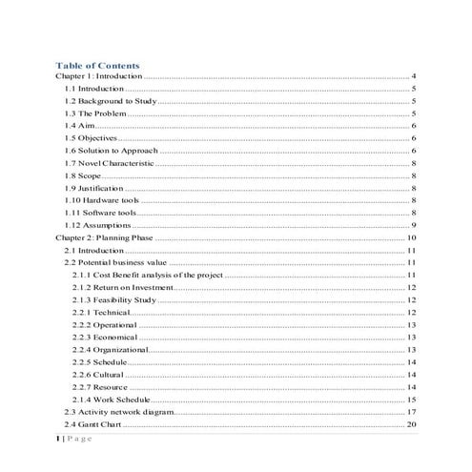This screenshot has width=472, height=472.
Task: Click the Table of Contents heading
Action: tap(97, 65)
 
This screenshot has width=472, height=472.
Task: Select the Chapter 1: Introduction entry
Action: tap(97, 75)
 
